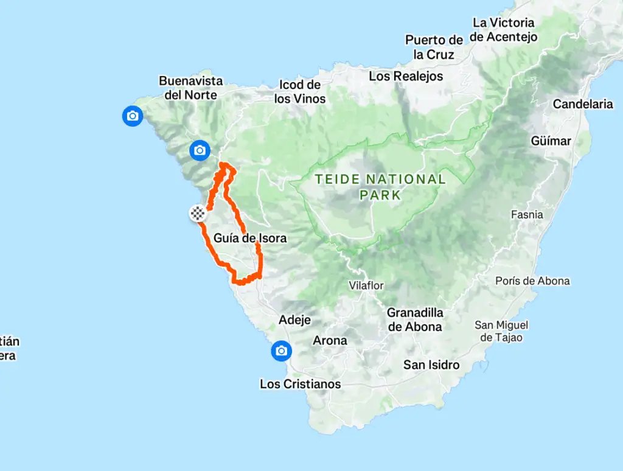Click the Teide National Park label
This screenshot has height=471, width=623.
(380, 187)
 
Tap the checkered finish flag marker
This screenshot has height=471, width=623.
(198, 214)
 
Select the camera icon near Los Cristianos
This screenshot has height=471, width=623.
(281, 351)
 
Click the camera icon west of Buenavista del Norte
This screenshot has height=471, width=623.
(133, 116)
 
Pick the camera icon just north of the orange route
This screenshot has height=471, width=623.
(200, 150)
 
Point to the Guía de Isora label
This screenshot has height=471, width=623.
(250, 238)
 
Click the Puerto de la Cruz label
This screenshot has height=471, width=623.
(434, 47)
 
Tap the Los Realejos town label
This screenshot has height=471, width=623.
(406, 76)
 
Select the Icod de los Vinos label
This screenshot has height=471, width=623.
(300, 91)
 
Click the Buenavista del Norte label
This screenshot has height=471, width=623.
(191, 88)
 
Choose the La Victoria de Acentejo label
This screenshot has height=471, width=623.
(504, 30)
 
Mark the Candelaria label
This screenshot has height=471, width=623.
(583, 104)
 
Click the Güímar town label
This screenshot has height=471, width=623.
(551, 141)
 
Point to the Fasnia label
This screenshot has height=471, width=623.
(527, 215)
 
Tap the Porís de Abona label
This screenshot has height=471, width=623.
(532, 281)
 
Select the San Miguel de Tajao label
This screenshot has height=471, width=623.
(501, 331)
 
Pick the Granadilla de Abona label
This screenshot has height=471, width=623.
(415, 319)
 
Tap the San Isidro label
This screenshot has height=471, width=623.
(431, 365)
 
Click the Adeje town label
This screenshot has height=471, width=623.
(294, 319)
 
